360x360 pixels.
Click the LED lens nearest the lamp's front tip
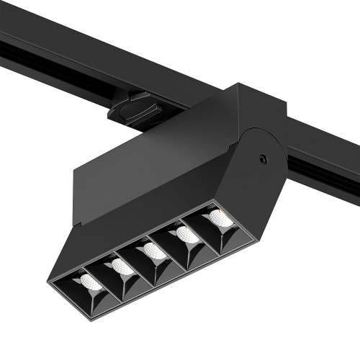(90, 282)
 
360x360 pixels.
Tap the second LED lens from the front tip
(122, 267)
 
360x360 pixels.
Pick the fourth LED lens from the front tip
(187, 235)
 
